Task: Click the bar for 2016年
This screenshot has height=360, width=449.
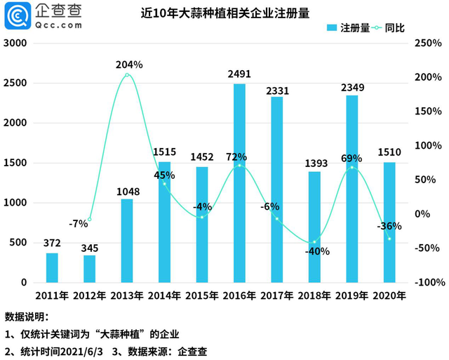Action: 240,183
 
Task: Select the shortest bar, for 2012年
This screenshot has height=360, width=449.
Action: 89,269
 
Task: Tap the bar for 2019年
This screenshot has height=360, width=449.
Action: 351,189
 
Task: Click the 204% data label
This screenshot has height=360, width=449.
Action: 129,65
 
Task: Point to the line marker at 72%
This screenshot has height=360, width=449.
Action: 240,166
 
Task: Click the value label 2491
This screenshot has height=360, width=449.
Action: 240,74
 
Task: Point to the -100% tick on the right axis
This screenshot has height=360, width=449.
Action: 429,283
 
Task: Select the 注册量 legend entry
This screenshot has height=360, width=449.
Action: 349,28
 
